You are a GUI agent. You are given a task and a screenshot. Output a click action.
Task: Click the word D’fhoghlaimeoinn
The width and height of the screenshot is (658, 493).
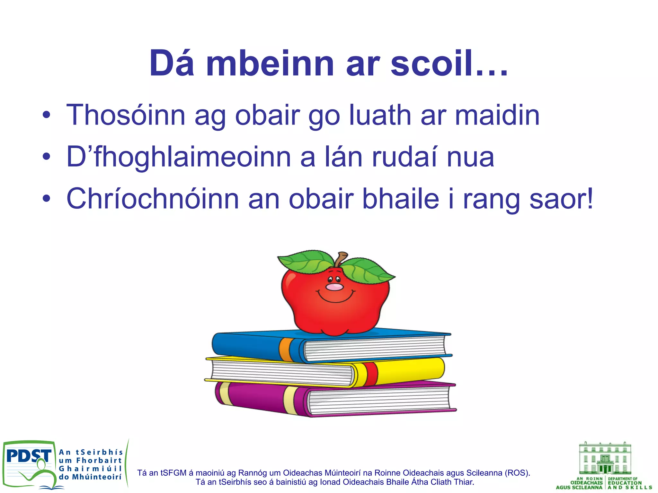point(178,157)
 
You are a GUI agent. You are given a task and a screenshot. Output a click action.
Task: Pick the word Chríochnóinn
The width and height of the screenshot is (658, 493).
point(153,199)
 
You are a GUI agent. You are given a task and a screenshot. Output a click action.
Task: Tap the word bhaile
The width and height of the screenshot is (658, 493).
point(400,199)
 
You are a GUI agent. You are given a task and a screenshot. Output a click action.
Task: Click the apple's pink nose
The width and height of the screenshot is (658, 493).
point(334,287)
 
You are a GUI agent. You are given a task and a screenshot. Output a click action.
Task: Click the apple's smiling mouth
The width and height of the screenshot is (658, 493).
point(336,298)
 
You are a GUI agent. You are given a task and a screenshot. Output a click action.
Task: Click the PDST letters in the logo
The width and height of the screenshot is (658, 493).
point(29,456)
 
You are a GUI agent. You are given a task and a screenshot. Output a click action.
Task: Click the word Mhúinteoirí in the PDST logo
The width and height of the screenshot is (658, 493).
point(96,477)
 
